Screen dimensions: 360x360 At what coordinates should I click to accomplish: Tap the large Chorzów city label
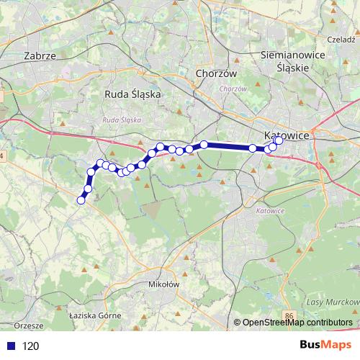click(212, 73)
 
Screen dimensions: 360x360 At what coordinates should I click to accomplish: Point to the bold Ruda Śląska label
click(132, 94)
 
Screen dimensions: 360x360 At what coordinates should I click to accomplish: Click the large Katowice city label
click(287, 135)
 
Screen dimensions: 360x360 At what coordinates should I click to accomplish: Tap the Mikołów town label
click(163, 284)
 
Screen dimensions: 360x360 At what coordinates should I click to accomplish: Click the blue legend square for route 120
click(9, 346)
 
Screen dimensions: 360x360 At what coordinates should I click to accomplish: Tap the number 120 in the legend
click(31, 346)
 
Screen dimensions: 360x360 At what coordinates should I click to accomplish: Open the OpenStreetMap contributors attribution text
click(297, 323)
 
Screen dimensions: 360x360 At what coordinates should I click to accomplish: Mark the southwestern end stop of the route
click(81, 200)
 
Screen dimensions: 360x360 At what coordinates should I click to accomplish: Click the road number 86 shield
click(289, 315)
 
